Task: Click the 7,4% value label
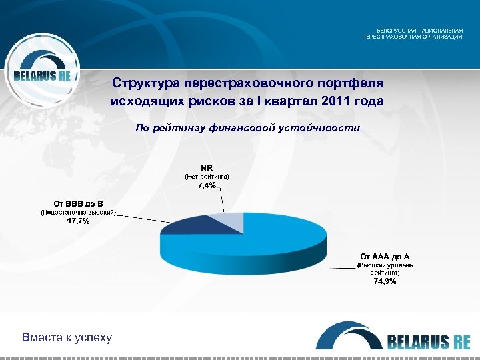coord(207,185)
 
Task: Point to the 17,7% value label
coord(78,221)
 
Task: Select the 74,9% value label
coord(385,281)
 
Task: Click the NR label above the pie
coord(207,167)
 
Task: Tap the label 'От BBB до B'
coord(78,203)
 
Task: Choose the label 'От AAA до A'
coord(385,256)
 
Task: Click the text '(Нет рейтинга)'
coord(207,176)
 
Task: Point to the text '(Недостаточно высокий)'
coord(78,212)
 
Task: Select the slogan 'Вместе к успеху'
coord(67,337)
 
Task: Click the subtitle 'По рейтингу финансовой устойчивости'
coord(247,127)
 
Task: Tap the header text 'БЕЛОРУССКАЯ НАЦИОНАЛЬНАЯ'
coord(419,31)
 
